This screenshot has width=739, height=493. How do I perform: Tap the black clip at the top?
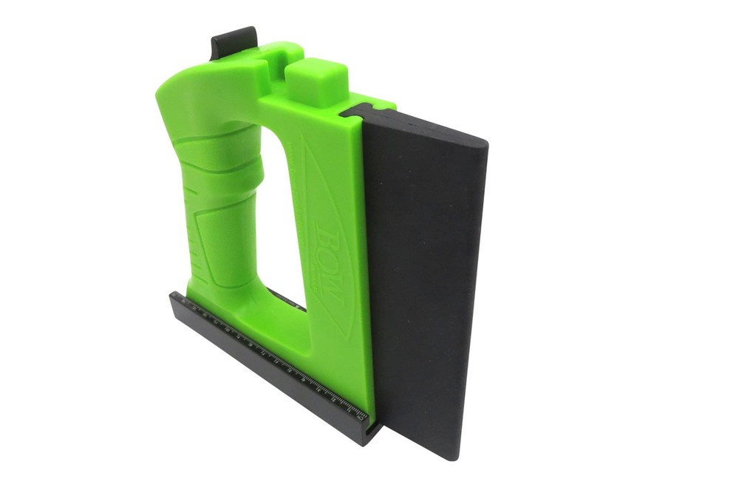(234, 41)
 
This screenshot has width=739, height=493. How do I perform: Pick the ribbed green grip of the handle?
(214, 200)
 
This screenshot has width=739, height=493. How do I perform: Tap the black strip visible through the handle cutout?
(288, 299)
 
